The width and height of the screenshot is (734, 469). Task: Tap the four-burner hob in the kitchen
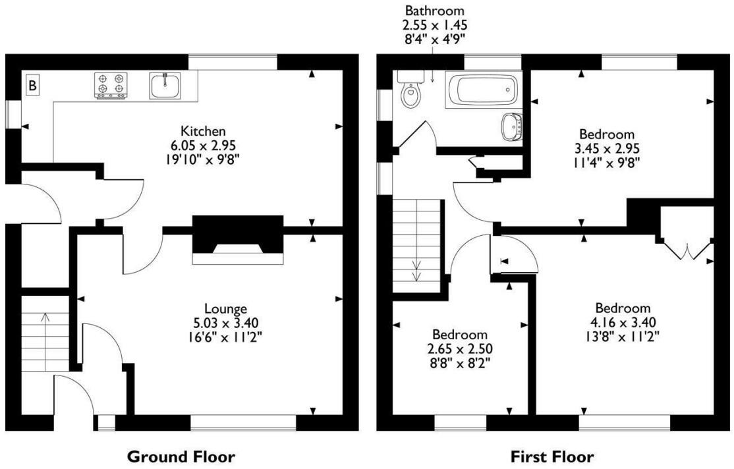111,86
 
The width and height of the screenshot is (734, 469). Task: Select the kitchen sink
164,85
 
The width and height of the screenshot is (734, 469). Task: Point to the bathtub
481,90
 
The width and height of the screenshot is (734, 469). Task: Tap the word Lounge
225,308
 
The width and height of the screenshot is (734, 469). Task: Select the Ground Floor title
180,456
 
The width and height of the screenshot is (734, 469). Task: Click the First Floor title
552,456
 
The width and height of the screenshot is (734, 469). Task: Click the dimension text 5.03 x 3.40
225,322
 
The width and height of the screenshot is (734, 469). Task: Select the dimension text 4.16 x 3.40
623,322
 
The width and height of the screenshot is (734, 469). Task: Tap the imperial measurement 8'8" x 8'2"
460,362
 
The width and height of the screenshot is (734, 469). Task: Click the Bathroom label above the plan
434,11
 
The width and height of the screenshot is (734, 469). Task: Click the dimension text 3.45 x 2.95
606,148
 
